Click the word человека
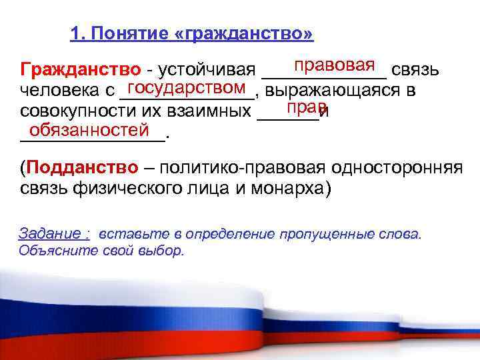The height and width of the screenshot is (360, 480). tap(56, 90)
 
